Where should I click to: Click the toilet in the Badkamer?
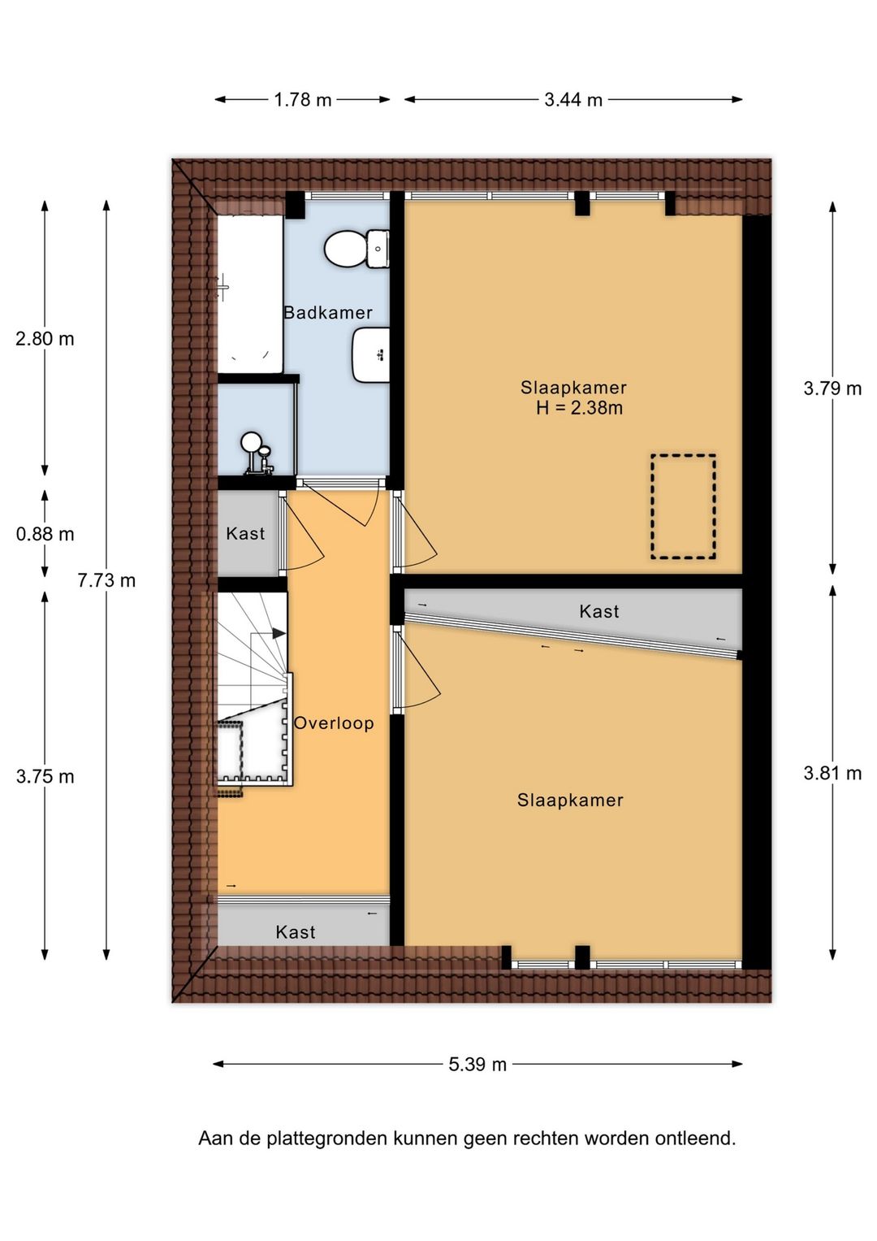click(356, 250)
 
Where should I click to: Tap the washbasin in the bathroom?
click(370, 354)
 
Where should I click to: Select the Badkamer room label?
click(328, 312)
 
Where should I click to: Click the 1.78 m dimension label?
click(302, 100)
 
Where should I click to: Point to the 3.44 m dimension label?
click(573, 100)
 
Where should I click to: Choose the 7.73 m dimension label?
click(106, 580)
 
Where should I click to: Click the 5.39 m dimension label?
click(477, 1065)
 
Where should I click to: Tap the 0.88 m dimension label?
click(45, 534)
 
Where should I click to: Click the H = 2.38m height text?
click(579, 408)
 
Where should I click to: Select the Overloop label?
click(334, 723)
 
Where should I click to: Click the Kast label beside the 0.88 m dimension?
click(245, 533)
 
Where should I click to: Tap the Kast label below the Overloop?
click(295, 932)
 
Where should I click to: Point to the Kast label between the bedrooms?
click(599, 611)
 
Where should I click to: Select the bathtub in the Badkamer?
click(250, 293)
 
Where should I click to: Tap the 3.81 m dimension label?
click(832, 773)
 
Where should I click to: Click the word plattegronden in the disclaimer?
click(328, 1139)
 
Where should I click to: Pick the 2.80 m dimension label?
click(45, 339)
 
